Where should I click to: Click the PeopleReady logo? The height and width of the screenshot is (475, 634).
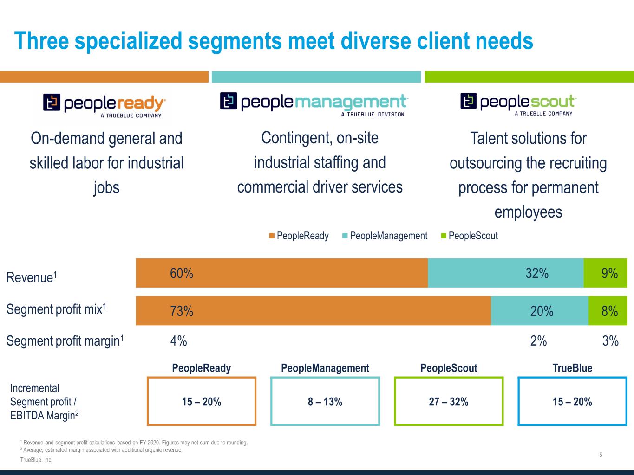tap(105, 106)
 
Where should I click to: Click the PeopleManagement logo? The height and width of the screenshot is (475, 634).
tap(314, 104)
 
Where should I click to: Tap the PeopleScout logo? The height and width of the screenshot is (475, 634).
tap(518, 104)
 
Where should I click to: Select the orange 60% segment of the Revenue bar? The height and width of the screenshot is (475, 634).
tap(281, 273)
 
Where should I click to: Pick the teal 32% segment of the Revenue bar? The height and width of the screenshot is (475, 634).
tap(505, 273)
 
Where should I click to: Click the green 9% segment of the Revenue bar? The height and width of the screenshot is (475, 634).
tap(605, 273)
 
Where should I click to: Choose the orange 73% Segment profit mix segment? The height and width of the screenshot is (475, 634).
tap(313, 311)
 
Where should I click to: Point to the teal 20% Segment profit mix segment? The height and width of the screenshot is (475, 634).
tap(539, 311)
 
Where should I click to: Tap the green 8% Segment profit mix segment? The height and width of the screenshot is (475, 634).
tap(608, 311)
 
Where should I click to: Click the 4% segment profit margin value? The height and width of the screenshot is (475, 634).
tap(178, 341)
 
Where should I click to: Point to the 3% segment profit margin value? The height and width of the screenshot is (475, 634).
tap(610, 341)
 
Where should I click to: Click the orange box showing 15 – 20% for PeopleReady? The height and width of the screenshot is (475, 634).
tap(202, 401)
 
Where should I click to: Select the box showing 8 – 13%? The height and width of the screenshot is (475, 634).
tap(325, 401)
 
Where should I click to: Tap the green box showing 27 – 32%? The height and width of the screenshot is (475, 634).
tap(449, 401)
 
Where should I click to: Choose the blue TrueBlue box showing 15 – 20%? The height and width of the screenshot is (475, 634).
tap(572, 401)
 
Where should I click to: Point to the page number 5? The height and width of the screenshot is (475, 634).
tap(601, 455)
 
